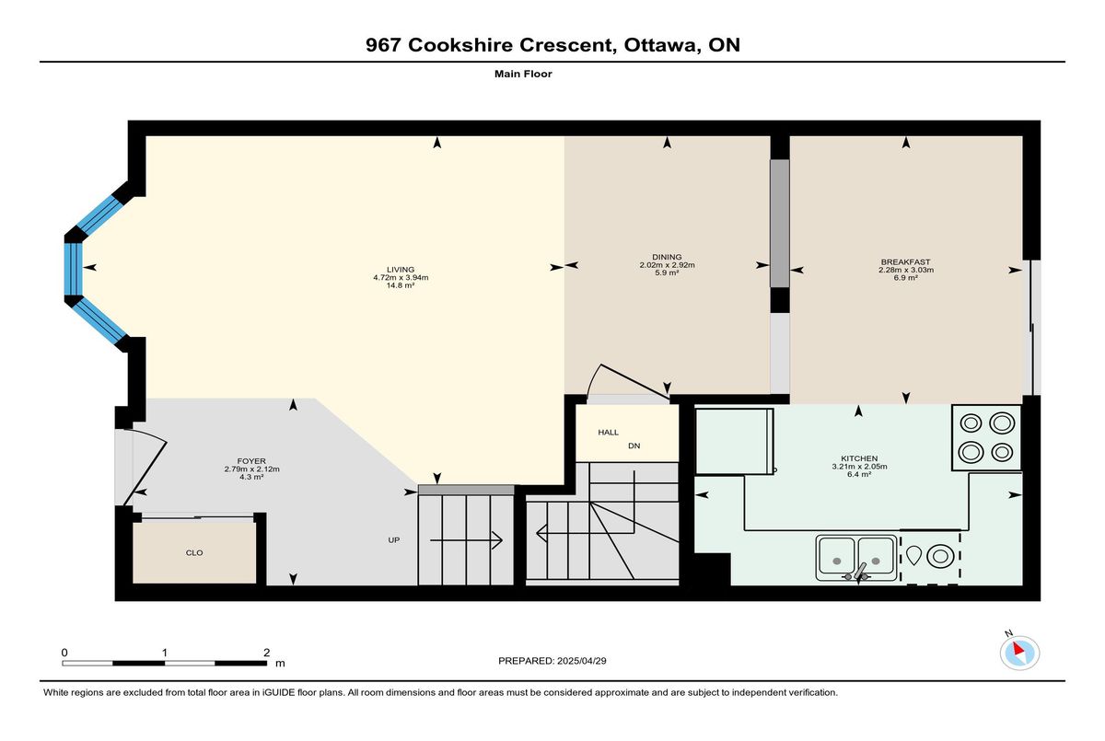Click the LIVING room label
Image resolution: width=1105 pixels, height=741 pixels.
[x=401, y=270]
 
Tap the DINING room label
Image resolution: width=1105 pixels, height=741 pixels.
[x=667, y=257]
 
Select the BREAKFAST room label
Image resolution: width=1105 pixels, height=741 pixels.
[x=906, y=261]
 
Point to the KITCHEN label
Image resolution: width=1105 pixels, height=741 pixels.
[x=859, y=458]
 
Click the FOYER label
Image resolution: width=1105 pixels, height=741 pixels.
[x=251, y=461]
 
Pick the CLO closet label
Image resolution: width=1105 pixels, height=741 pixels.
[x=194, y=552]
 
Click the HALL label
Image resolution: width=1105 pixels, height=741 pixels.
[x=609, y=433]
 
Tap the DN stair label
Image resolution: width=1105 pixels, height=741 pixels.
[x=634, y=446]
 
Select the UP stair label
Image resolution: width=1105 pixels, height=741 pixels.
[x=394, y=539]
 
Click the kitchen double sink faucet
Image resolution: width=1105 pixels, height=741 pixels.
[x=859, y=573]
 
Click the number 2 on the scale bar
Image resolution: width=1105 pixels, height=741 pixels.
[x=266, y=653]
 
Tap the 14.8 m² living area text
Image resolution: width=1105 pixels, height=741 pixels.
[x=401, y=285]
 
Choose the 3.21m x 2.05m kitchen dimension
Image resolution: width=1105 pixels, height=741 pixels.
[x=859, y=467]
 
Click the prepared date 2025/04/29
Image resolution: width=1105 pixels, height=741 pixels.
[x=582, y=661]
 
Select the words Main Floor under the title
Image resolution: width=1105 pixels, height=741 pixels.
[x=523, y=74]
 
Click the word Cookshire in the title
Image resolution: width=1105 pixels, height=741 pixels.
[x=460, y=45]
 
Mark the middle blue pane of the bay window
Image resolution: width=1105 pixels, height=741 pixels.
[x=73, y=269]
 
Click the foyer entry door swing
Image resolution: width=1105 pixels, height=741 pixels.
[x=146, y=467]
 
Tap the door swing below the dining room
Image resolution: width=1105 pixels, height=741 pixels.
[x=626, y=380]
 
